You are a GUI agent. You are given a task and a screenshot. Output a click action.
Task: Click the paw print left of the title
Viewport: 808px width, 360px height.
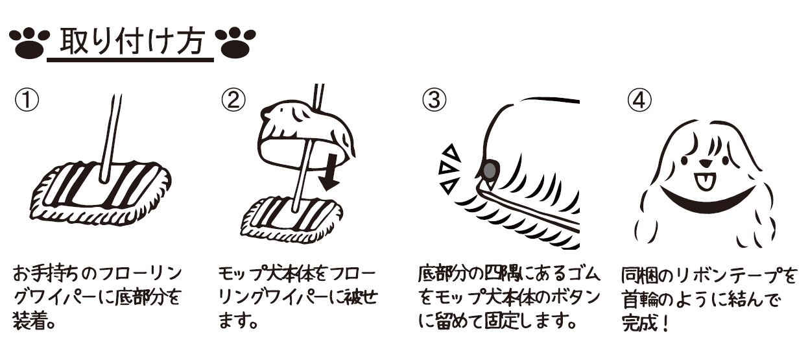point(30,43)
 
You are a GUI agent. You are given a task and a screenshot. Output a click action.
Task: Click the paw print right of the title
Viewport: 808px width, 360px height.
point(235,43)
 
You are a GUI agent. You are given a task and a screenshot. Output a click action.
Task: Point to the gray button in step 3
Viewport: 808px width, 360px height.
point(489,170)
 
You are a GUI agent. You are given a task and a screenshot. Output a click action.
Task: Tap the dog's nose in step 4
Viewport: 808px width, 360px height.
point(704,163)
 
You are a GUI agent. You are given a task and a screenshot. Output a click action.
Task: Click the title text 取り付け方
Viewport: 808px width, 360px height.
point(132,42)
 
